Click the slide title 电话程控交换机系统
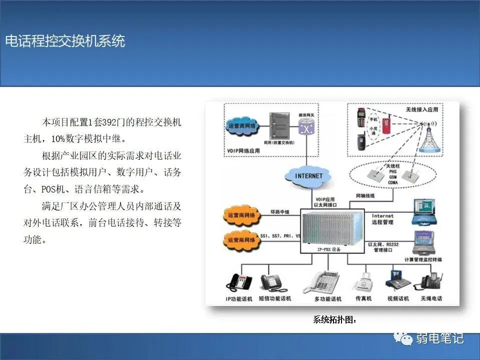point(65,41)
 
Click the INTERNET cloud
point(308,176)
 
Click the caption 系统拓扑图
point(334,319)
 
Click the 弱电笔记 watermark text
point(439,338)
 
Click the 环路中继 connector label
point(280,212)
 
